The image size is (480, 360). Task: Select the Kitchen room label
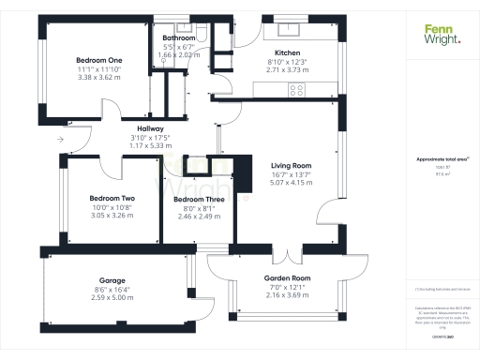tap(287, 52)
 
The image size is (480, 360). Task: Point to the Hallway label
tap(150, 128)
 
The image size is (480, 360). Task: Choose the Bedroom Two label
tap(112, 198)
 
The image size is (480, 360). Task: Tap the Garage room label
tap(112, 280)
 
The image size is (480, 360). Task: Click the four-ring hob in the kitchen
tap(297, 90)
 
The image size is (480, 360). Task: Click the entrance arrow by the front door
tap(60, 139)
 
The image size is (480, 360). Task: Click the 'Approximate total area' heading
tap(437, 159)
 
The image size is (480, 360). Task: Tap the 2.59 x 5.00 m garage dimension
tap(112, 297)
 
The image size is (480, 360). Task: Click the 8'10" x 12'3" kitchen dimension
tap(287, 61)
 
